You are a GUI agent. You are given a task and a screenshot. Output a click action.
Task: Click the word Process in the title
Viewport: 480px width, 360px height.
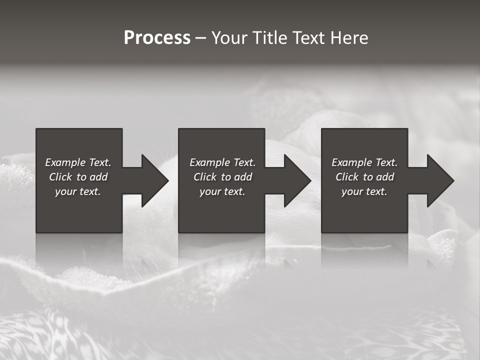(x=157, y=38)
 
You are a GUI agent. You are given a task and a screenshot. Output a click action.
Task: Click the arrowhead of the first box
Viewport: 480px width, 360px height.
(x=154, y=180)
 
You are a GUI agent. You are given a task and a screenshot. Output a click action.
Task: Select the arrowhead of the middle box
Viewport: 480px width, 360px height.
(x=297, y=180)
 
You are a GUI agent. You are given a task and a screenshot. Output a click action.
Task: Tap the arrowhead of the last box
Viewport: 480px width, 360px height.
(x=440, y=180)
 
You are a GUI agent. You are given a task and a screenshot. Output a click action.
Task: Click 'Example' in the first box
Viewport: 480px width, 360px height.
(x=65, y=162)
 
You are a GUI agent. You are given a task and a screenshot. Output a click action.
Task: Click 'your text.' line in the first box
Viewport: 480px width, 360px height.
(x=78, y=191)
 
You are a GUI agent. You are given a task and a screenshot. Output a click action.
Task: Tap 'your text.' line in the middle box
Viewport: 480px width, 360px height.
(x=222, y=191)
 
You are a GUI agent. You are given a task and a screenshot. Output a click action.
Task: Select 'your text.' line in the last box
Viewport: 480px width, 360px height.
(x=364, y=191)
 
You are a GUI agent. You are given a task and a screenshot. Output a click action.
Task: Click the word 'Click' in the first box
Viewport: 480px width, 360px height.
(x=60, y=177)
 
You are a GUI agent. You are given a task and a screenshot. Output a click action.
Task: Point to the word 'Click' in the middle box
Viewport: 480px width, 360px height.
(x=205, y=177)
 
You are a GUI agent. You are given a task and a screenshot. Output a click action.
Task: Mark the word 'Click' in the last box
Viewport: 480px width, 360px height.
(x=347, y=177)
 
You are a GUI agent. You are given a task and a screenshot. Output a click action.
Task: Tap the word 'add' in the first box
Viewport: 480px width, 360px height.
(x=98, y=177)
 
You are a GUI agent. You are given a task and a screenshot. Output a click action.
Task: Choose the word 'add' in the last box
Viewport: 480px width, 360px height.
(x=385, y=177)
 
